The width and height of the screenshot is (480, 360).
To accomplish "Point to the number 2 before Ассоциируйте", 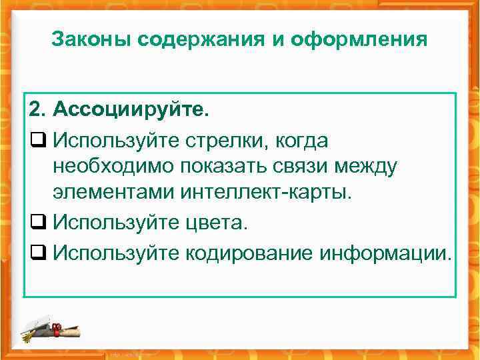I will (x=36, y=109).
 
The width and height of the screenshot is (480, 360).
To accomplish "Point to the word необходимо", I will (x=111, y=168).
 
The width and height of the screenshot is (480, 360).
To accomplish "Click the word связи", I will (x=300, y=168).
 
